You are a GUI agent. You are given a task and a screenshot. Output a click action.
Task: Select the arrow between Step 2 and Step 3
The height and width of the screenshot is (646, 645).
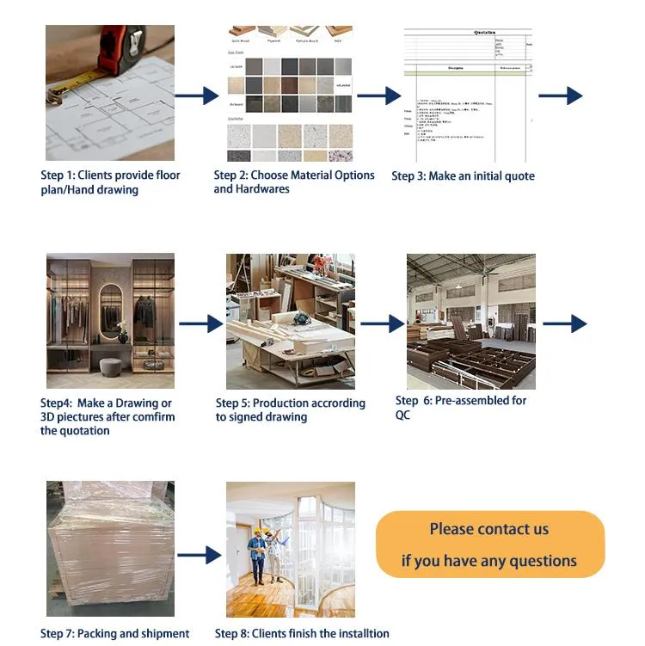click(x=378, y=95)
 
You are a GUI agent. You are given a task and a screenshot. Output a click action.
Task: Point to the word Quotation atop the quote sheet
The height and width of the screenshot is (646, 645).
click(x=485, y=32)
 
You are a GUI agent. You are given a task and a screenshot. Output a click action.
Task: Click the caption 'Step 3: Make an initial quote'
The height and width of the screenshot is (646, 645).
click(x=463, y=176)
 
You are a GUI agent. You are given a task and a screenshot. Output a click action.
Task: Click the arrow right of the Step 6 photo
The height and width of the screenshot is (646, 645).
click(x=565, y=323)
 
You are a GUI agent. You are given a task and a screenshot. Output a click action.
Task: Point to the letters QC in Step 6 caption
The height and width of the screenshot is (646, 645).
click(x=402, y=415)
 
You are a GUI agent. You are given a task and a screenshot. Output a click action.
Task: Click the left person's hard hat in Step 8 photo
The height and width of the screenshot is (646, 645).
click(x=255, y=534)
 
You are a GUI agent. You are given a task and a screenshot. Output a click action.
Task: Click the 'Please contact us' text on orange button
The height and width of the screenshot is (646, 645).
click(x=488, y=529)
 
